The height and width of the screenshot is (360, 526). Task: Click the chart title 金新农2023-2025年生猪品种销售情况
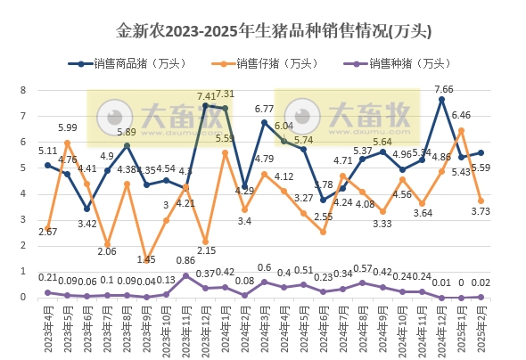(x=263, y=30)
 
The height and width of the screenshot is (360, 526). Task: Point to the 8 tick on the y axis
(x=25, y=90)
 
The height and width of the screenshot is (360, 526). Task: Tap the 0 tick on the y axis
(x=25, y=298)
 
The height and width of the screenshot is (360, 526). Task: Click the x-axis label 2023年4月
(x=48, y=330)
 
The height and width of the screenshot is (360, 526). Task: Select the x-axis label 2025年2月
(x=481, y=330)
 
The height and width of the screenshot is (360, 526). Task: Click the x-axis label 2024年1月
(x=226, y=330)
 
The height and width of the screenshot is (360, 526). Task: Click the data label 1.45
(x=147, y=259)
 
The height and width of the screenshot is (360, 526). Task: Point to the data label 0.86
(x=186, y=260)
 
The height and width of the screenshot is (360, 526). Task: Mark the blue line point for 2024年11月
(x=422, y=159)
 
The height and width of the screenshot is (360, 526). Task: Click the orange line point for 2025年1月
(x=462, y=130)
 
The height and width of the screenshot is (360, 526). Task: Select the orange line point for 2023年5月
(x=68, y=143)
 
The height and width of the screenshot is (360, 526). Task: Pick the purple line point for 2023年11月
(x=185, y=275)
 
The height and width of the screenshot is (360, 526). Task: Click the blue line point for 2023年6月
(x=87, y=209)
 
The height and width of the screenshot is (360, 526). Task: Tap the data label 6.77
(x=263, y=109)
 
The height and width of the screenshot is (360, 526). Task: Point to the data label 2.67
(x=48, y=232)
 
